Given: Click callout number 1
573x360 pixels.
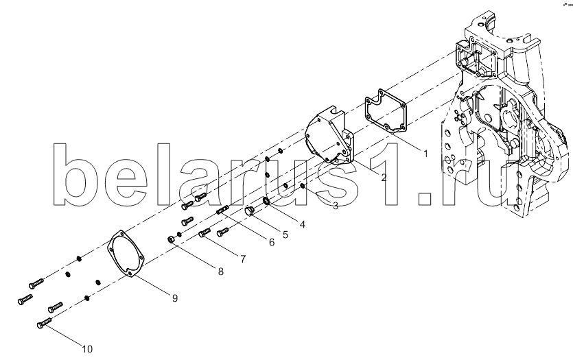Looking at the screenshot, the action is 425,154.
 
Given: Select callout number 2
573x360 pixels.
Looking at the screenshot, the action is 384,178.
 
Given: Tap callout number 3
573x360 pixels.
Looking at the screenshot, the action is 335,206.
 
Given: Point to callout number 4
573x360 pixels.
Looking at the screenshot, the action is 302,224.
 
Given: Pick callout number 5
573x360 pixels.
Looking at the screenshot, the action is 285,235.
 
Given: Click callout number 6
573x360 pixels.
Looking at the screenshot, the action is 271,242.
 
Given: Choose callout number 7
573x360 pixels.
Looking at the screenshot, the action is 243,259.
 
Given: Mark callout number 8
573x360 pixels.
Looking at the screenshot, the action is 220,272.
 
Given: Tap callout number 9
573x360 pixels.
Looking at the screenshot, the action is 175,298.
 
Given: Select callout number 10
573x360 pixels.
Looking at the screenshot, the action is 87,350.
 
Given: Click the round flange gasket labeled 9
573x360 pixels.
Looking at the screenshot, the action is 110,248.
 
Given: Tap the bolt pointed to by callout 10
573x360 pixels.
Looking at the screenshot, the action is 44,323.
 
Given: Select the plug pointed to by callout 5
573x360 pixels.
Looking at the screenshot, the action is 250,211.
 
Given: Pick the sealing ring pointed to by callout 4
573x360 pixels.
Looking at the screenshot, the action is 267,201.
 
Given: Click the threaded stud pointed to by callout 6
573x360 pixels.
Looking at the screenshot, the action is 222,210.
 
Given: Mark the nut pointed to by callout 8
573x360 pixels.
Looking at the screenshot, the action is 170,239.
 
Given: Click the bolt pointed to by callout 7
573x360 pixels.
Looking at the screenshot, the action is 204,232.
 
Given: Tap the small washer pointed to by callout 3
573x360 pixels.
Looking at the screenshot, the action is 303,187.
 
